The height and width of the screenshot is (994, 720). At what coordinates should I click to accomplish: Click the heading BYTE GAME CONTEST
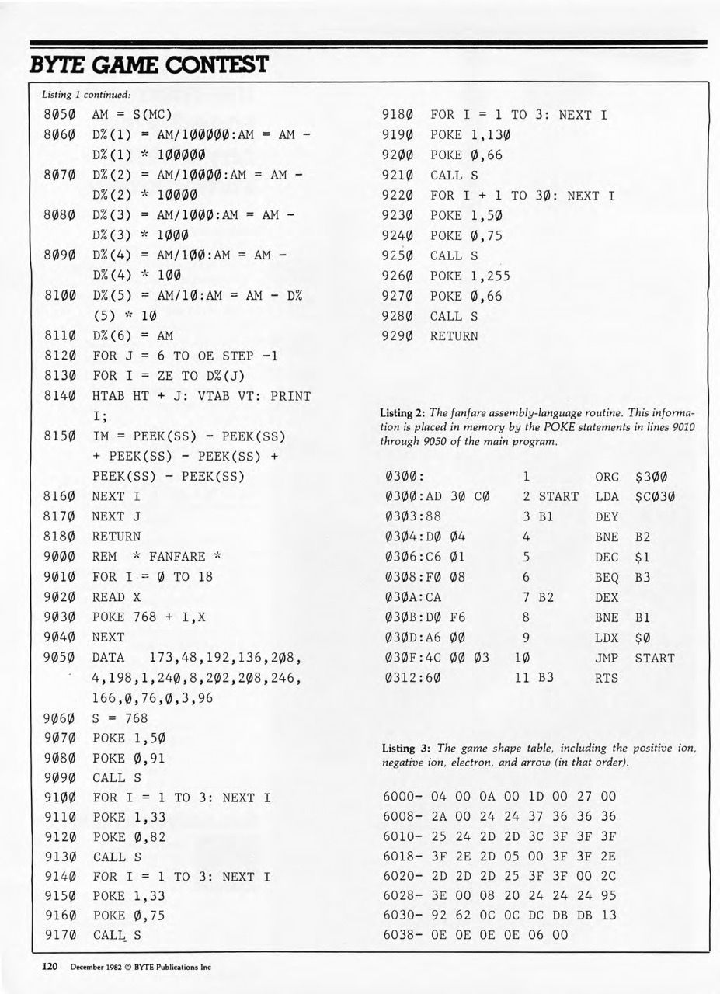pyautogui.click(x=148, y=64)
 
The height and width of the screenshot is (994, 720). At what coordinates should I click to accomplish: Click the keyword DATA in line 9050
pyautogui.click(x=109, y=657)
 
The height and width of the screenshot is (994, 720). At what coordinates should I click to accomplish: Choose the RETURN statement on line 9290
pyautogui.click(x=454, y=336)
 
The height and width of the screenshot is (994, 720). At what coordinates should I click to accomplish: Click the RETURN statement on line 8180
pyautogui.click(x=117, y=536)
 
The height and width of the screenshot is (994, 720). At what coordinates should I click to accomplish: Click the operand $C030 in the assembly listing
pyautogui.click(x=656, y=496)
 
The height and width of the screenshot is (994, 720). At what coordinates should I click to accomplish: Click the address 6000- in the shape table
pyautogui.click(x=403, y=796)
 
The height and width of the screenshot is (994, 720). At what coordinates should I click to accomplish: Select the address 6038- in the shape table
pyautogui.click(x=403, y=936)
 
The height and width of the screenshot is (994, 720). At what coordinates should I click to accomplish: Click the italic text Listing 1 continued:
pyautogui.click(x=85, y=95)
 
